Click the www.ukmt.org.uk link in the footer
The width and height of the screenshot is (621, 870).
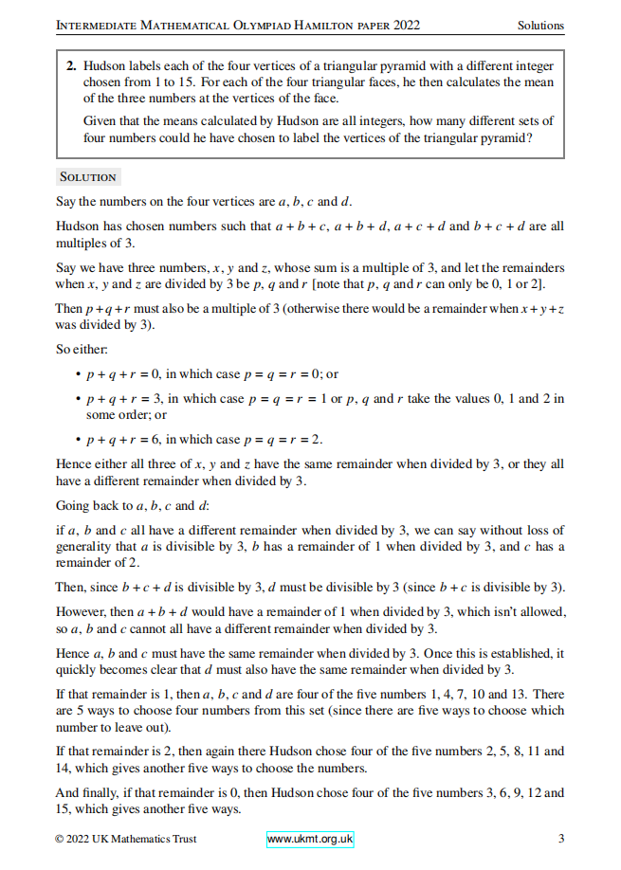click(310, 839)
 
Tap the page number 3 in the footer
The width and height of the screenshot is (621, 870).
click(561, 839)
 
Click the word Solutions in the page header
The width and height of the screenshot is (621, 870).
click(540, 26)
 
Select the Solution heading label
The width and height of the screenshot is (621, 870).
click(87, 177)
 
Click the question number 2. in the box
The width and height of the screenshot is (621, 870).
click(71, 67)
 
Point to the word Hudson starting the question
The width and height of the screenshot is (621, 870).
click(104, 67)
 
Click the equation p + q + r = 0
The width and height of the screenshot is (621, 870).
click(122, 374)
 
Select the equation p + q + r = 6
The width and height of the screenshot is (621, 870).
click(122, 439)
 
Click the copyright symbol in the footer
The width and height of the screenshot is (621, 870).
click(60, 839)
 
